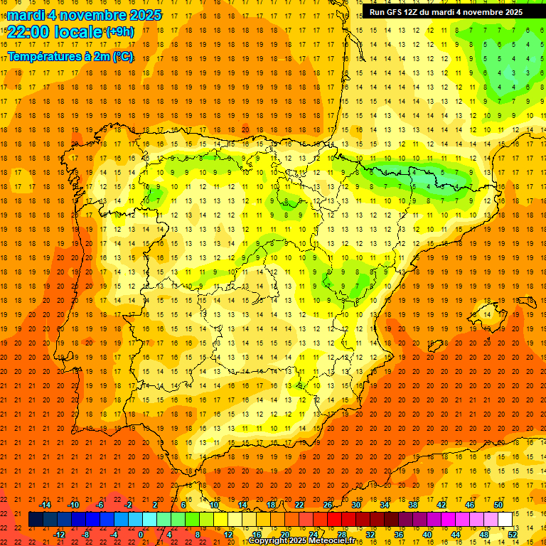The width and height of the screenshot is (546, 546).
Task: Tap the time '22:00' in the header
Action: coord(28,32)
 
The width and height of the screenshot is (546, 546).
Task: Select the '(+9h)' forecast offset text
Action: coord(118,32)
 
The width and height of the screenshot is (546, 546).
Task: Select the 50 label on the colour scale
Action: coord(498,505)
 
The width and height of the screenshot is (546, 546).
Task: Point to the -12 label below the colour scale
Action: coord(59,535)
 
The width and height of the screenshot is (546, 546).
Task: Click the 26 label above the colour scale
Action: coord(328,505)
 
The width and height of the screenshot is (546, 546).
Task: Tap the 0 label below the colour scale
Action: coord(141,535)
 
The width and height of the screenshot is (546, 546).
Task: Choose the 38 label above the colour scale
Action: coord(413,505)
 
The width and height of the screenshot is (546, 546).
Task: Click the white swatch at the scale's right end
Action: coord(505,520)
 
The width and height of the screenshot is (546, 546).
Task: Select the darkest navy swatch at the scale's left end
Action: coord(36,520)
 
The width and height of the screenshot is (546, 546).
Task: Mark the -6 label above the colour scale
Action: coord(100,505)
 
